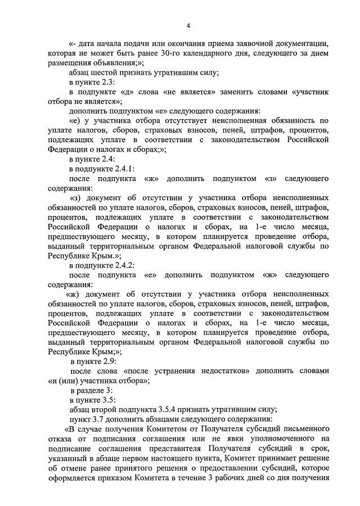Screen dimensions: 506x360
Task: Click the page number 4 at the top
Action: tap(188, 26)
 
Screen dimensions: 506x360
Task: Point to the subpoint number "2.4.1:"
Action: tap(120, 169)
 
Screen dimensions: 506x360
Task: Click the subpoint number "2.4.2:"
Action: tap(120, 265)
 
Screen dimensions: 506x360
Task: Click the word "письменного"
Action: tap(303, 430)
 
